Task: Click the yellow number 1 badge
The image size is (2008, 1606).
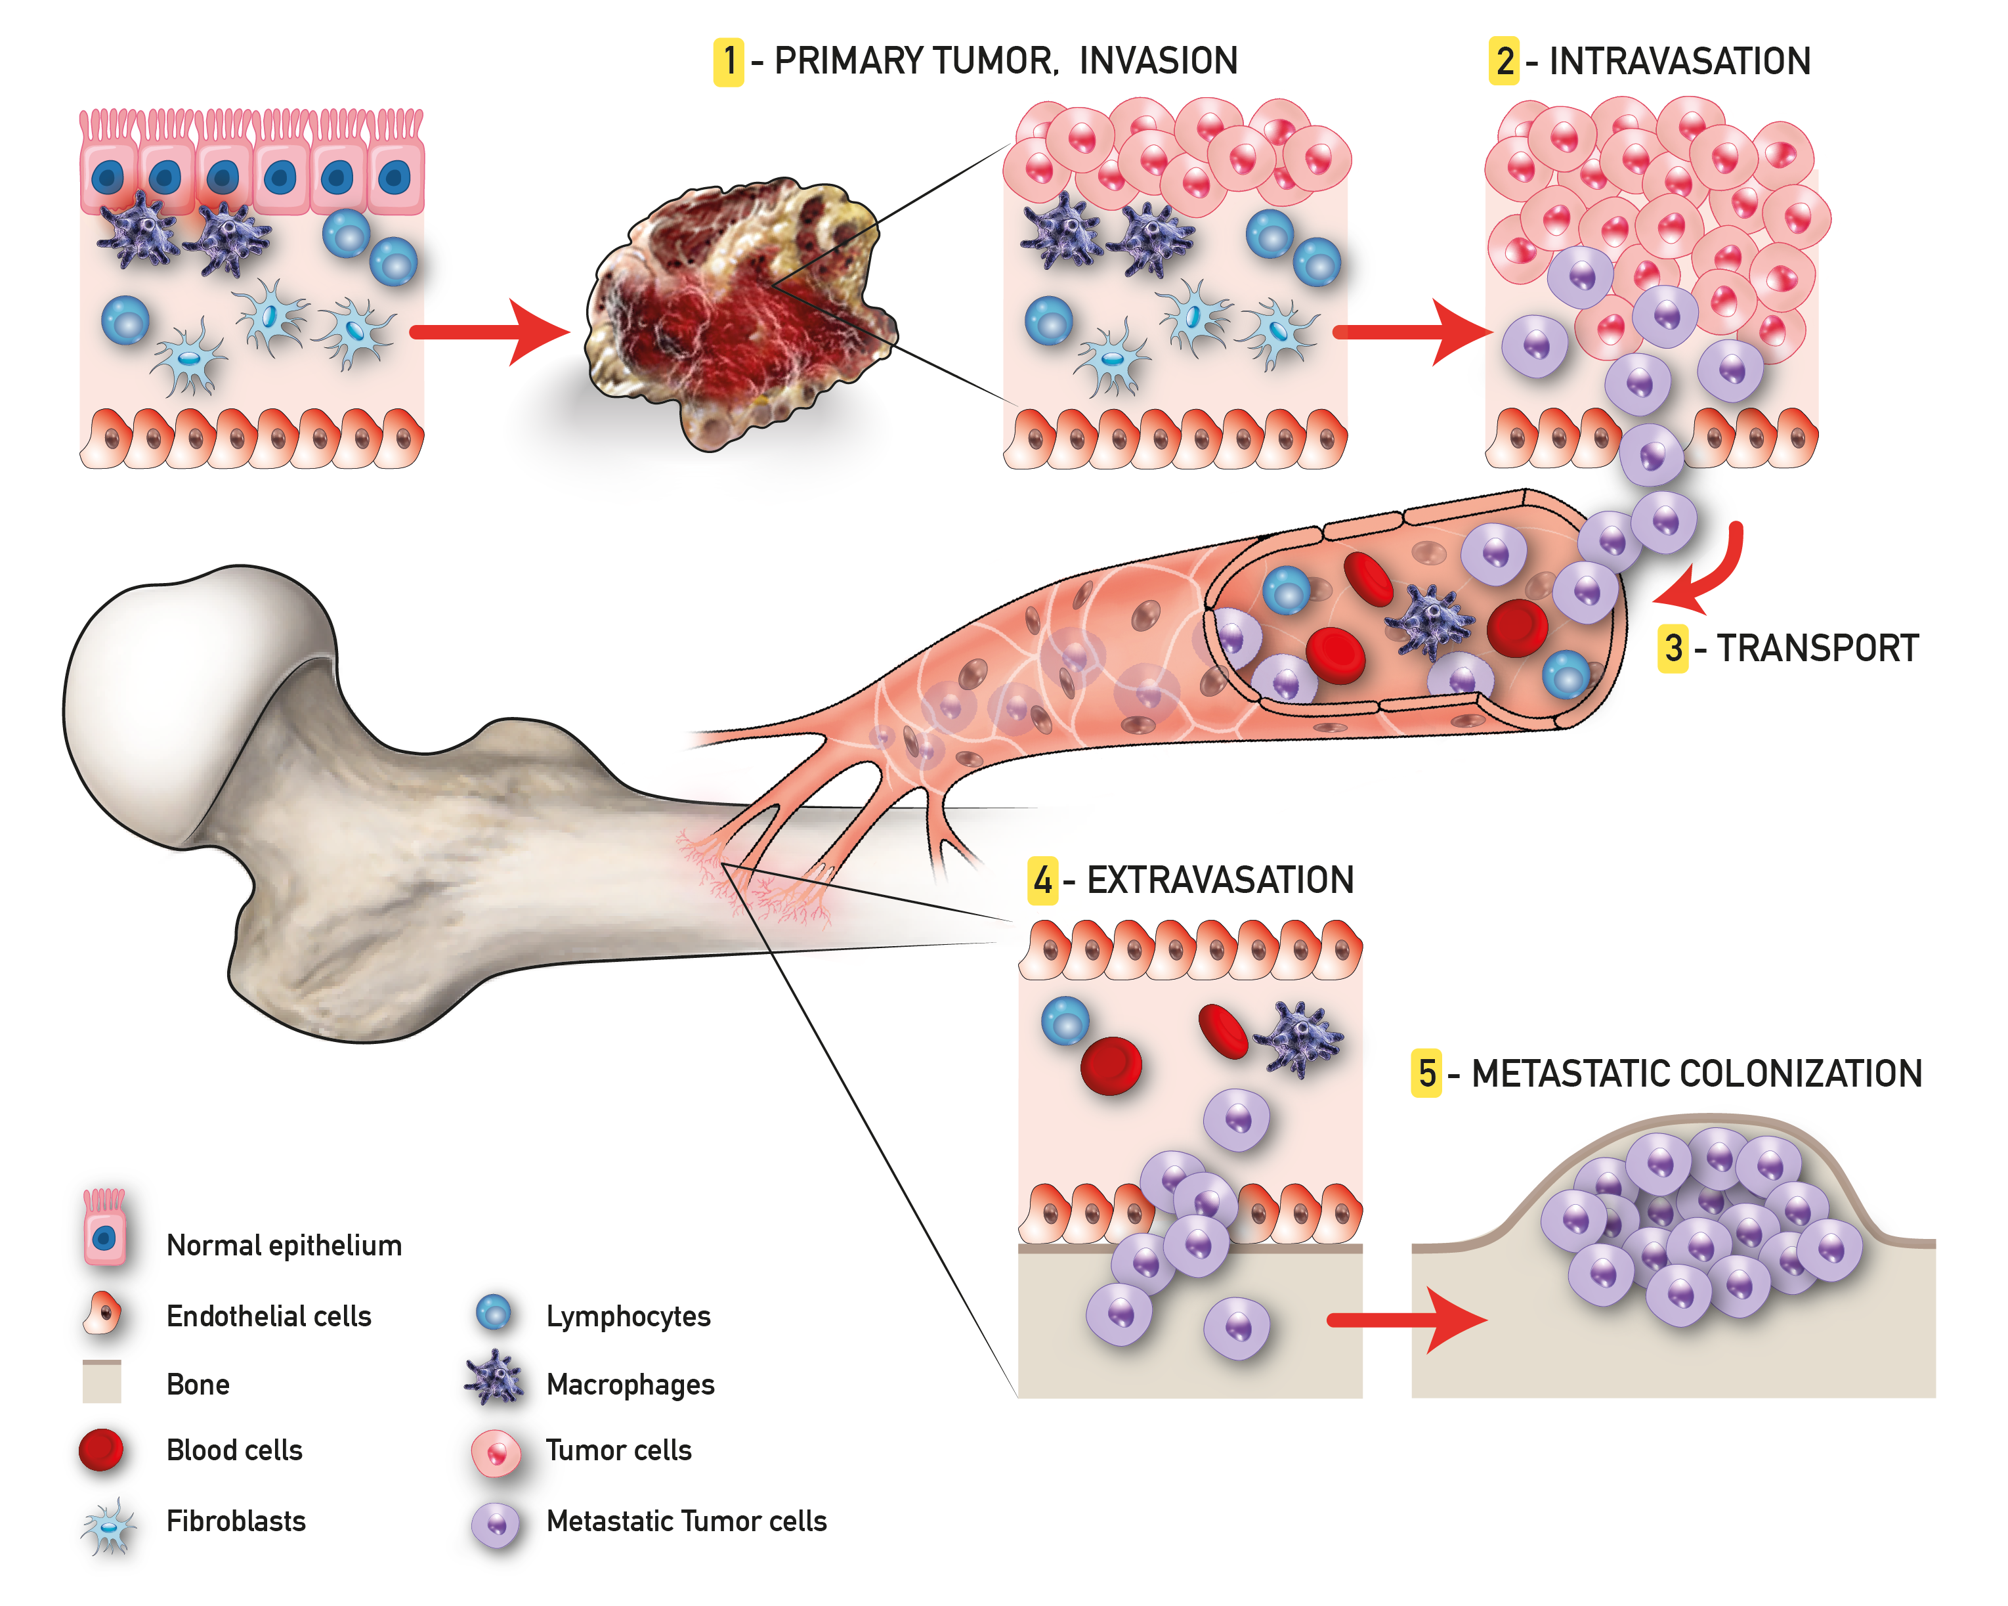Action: [x=729, y=62]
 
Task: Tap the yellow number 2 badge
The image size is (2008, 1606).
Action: [x=1504, y=62]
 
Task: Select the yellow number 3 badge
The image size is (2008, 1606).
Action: [x=1673, y=648]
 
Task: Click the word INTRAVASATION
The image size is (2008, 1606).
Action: [x=1679, y=62]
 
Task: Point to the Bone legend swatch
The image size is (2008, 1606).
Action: [x=102, y=1381]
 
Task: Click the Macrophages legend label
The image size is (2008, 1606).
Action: [x=631, y=1384]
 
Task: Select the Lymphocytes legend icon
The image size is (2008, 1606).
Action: [x=494, y=1313]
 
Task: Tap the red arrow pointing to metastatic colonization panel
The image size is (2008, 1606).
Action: [x=1406, y=1319]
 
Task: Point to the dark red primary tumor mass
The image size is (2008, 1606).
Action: [x=736, y=316]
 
